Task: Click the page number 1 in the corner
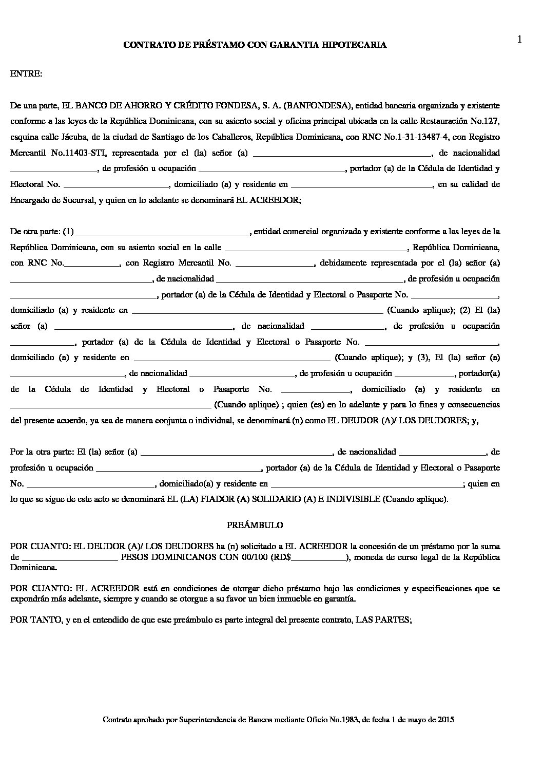click(x=519, y=40)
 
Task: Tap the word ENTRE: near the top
click(x=26, y=74)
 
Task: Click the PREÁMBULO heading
click(x=255, y=526)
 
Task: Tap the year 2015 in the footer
click(x=445, y=720)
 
